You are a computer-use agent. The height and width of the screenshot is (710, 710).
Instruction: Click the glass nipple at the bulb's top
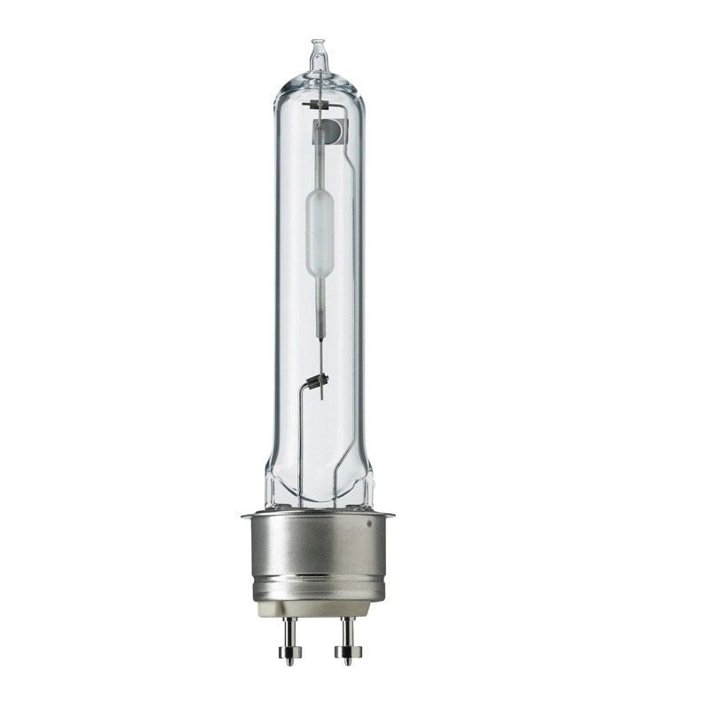pos(318,53)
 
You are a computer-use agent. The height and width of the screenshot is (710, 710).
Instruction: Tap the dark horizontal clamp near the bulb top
pos(317,105)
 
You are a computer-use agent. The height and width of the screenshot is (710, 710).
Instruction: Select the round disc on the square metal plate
pos(330,132)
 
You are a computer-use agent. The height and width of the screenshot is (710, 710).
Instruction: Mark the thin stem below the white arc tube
pos(319,306)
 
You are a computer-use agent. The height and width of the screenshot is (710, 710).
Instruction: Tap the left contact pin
pos(289,635)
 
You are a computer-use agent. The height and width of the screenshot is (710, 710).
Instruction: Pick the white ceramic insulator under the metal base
pos(318,608)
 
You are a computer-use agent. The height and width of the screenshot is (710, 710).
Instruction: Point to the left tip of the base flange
pos(244,514)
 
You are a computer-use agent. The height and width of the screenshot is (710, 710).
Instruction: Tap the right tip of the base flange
pos(391,514)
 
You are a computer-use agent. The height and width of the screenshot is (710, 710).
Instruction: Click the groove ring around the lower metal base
pos(318,581)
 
